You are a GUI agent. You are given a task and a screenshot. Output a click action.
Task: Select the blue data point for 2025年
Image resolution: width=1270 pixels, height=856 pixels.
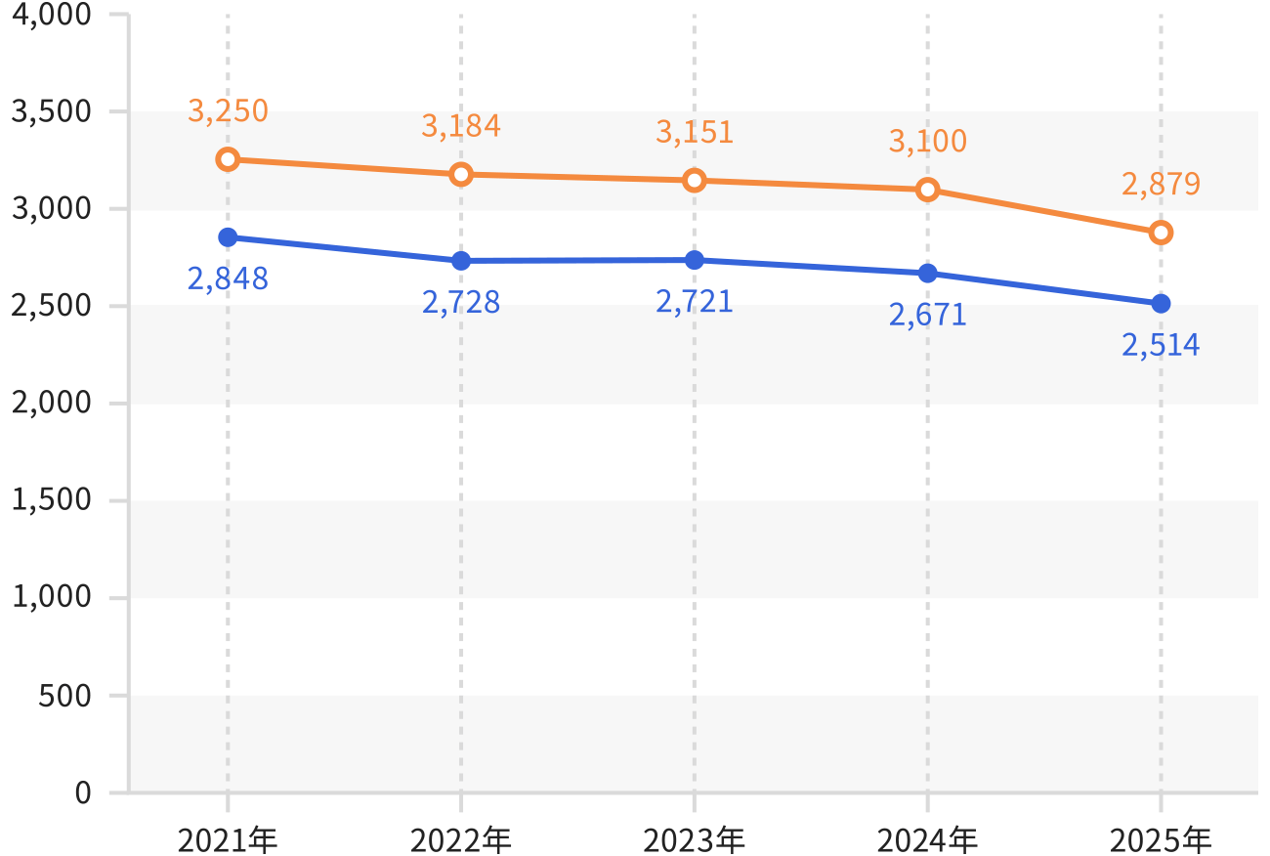tap(1162, 304)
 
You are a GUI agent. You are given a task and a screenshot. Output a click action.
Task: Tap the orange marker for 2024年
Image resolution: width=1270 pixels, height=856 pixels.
tap(927, 190)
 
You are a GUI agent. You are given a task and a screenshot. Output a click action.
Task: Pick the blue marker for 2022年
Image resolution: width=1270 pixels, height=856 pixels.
tap(461, 261)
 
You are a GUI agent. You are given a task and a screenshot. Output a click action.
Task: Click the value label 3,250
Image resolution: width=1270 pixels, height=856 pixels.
tap(228, 110)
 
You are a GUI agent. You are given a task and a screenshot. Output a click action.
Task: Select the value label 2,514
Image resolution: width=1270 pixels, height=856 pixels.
tap(1162, 345)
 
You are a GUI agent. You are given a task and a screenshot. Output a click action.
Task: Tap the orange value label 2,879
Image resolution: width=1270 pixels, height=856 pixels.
tap(1162, 184)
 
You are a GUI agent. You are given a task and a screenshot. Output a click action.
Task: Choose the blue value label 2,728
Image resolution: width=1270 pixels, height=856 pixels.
tap(461, 302)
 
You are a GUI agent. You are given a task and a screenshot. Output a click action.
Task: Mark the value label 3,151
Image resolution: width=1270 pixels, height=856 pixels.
tap(695, 132)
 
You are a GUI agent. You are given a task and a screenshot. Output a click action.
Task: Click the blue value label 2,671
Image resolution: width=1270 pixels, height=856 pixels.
tap(927, 315)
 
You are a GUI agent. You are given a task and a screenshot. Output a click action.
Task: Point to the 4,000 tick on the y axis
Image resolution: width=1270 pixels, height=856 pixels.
tap(51, 15)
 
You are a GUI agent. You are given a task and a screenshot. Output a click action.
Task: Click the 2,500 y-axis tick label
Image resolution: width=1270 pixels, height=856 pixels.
tap(51, 306)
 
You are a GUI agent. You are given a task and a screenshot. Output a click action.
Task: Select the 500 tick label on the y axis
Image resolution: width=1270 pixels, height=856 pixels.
tap(64, 695)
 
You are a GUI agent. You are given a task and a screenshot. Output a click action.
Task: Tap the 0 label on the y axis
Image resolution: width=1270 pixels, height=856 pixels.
tap(83, 792)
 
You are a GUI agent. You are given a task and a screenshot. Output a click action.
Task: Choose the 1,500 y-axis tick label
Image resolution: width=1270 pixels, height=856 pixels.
tap(51, 499)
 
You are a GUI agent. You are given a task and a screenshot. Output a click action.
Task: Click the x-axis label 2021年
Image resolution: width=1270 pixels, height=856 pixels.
tap(228, 839)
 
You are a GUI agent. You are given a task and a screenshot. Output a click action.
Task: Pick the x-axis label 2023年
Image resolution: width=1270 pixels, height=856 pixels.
tap(695, 839)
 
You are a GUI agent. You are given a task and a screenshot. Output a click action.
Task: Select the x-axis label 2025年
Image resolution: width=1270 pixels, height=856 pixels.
tap(1162, 839)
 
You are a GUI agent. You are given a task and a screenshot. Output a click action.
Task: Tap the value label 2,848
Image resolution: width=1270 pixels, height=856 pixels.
tap(228, 278)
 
